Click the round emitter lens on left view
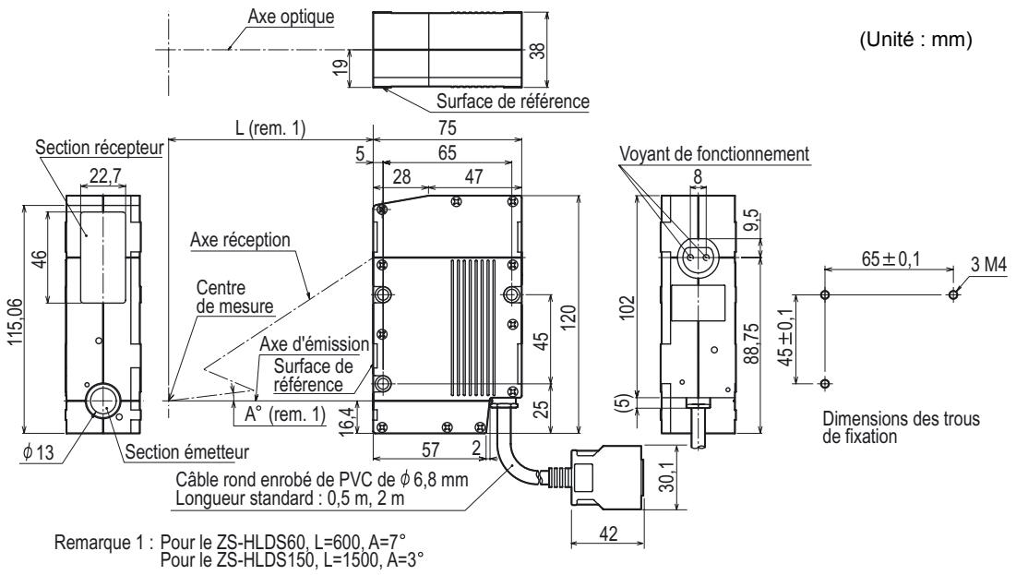tap(102, 402)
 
